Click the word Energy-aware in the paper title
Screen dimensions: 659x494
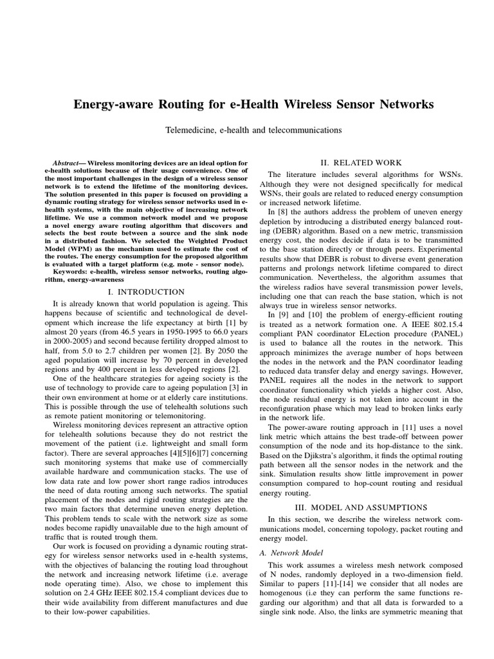pyautogui.click(x=111, y=104)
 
